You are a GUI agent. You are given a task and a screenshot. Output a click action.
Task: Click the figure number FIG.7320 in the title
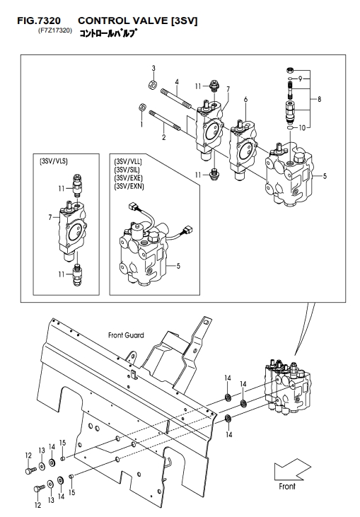pos(39,21)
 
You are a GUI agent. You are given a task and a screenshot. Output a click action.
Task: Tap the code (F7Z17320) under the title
pos(55,31)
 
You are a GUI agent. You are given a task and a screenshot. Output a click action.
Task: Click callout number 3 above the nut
pos(153,69)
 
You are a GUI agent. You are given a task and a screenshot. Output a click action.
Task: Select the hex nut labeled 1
pos(141,107)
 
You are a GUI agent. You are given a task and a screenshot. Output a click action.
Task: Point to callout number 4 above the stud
pos(177,81)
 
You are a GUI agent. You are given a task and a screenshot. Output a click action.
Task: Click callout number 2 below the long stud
pos(164,137)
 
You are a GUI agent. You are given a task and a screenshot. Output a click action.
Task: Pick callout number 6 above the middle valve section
pos(245,99)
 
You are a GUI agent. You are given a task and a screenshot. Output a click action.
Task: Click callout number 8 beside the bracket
pos(319,98)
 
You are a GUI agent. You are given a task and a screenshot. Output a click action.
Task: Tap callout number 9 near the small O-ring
pos(301,79)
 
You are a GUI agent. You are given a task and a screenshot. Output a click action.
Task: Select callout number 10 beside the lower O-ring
pos(302,127)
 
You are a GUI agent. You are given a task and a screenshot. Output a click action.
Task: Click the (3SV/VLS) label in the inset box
pos(54,161)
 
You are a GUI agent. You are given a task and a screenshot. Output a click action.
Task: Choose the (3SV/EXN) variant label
pos(129,187)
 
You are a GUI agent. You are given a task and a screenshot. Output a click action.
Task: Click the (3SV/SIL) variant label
pos(127,170)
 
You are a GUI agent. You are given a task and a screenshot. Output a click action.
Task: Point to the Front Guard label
pos(126,335)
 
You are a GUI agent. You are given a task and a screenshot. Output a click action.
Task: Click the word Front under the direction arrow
pos(287,486)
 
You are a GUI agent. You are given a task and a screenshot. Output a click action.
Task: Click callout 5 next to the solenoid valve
pos(178,266)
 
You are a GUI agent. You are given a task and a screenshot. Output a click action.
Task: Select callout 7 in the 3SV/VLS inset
pos(50,217)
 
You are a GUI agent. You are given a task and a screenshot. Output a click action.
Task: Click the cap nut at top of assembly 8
pos(291,70)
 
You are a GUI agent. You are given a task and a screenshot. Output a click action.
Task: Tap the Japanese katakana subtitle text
pos(108,33)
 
